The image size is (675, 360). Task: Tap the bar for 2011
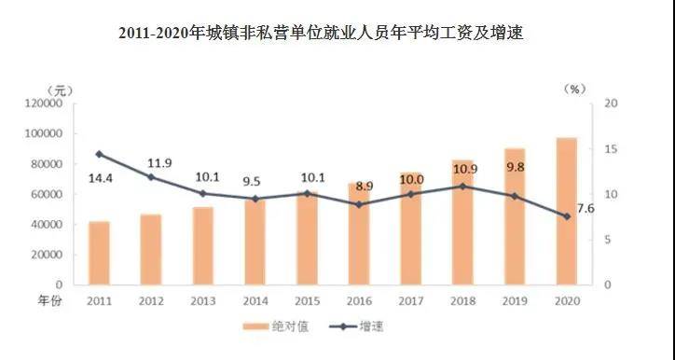pyautogui.click(x=99, y=253)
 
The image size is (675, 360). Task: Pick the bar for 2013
pyautogui.click(x=203, y=245)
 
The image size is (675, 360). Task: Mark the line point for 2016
pyautogui.click(x=359, y=204)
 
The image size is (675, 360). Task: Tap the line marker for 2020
pyautogui.click(x=566, y=216)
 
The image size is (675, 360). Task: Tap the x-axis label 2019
pyautogui.click(x=514, y=301)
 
